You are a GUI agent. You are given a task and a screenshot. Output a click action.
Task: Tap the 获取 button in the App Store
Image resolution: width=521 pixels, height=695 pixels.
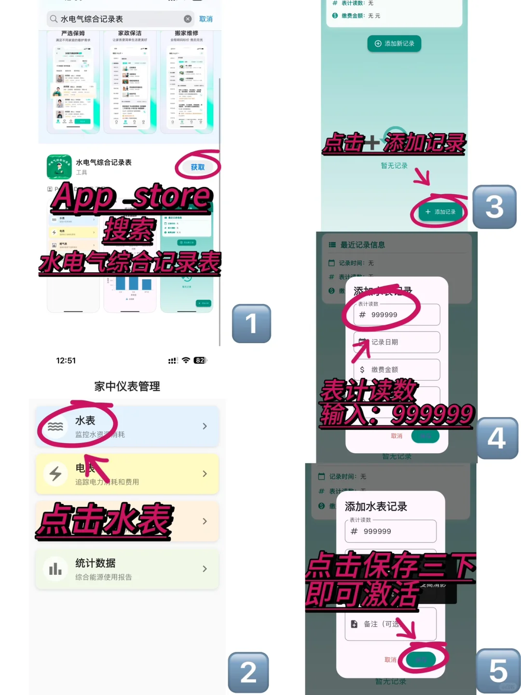[197, 167]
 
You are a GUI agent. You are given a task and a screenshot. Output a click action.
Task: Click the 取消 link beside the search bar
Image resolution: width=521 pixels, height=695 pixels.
[206, 19]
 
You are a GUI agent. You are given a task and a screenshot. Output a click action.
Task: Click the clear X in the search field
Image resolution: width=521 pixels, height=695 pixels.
[188, 19]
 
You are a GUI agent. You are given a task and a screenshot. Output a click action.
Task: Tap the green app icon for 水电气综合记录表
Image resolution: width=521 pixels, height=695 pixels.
[59, 167]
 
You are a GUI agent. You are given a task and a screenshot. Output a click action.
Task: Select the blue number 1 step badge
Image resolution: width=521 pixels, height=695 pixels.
[251, 323]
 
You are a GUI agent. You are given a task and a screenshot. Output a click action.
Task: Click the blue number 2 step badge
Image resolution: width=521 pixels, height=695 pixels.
[248, 672]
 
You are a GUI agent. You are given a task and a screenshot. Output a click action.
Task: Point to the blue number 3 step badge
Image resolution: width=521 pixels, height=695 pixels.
[494, 207]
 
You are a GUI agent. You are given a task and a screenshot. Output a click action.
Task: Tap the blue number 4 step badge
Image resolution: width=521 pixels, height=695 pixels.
[497, 438]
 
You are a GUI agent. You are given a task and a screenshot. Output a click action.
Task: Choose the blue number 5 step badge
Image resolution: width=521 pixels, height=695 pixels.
[498, 670]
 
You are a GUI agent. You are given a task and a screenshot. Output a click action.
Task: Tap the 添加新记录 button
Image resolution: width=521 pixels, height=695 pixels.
[394, 43]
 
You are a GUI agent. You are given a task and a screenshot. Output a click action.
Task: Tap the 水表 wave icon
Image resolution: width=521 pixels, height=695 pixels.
[55, 426]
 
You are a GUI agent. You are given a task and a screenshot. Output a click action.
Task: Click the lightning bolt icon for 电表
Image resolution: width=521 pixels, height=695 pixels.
[55, 473]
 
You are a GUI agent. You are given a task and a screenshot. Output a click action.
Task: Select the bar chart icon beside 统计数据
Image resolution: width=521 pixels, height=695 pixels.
[55, 569]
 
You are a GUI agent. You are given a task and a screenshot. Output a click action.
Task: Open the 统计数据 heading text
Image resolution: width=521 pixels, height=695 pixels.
[96, 563]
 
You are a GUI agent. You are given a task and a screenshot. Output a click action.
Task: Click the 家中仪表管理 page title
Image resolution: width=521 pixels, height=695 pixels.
[127, 386]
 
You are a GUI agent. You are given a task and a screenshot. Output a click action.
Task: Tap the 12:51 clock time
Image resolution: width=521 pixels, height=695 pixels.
[66, 361]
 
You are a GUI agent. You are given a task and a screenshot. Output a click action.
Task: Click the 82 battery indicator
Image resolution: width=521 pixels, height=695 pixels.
[199, 361]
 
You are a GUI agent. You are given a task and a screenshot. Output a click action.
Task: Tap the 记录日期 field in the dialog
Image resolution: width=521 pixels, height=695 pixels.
[397, 342]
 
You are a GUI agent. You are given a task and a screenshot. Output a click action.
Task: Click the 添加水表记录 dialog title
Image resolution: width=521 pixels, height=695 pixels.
[376, 506]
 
